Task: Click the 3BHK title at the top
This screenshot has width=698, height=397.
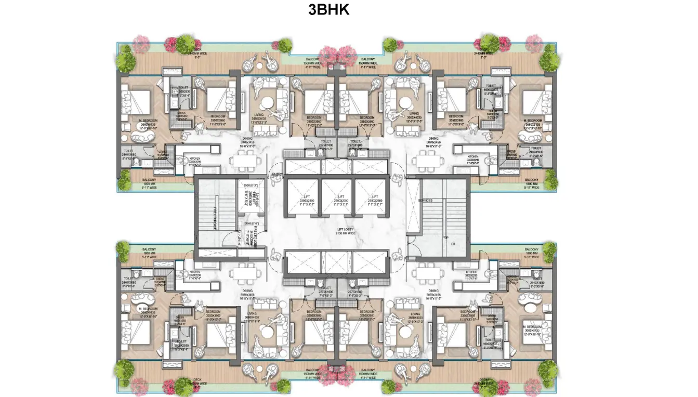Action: [328, 10]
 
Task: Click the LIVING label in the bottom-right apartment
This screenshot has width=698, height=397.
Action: [414, 315]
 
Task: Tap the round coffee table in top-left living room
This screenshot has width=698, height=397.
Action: [268, 103]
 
